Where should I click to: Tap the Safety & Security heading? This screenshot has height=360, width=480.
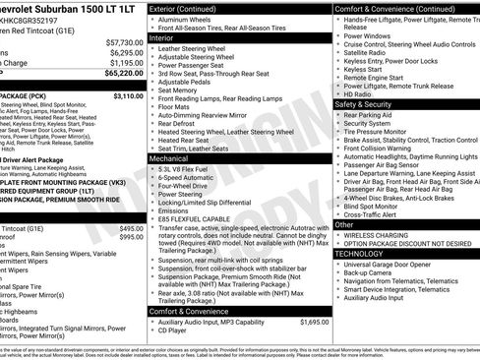363,103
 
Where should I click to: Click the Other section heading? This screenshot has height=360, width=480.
345,225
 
